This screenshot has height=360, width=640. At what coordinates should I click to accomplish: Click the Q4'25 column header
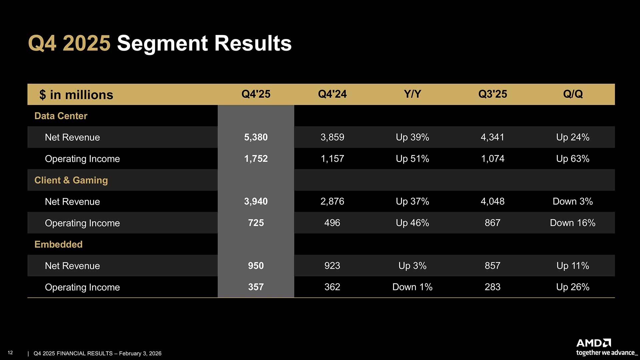(256, 94)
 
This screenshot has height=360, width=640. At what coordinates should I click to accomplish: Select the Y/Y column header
(412, 94)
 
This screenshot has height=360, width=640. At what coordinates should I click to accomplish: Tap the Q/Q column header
(573, 94)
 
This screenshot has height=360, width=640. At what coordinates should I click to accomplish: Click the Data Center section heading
(61, 116)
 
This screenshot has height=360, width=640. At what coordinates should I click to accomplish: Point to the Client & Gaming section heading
(71, 180)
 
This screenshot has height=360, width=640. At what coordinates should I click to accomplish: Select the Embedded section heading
(58, 244)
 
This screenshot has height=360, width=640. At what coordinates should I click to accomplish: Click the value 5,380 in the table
(256, 137)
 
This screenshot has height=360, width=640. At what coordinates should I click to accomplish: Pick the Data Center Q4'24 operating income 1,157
(332, 159)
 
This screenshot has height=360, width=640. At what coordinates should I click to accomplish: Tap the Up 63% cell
(572, 159)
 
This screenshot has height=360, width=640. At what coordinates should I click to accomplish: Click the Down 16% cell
(572, 223)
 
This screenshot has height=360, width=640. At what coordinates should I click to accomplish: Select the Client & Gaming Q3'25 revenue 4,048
(492, 201)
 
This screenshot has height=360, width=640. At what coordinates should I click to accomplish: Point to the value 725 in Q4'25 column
(256, 223)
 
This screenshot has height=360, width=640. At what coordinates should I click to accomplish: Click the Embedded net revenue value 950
(256, 266)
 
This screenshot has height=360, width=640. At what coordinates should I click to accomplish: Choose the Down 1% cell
(412, 287)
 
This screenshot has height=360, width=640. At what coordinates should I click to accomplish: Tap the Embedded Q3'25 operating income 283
(492, 287)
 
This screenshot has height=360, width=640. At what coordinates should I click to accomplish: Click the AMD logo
(593, 343)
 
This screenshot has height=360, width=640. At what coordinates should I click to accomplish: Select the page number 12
(10, 353)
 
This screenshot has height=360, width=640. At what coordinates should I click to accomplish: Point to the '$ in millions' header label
(76, 95)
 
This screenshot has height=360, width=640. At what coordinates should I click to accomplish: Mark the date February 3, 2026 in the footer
(140, 353)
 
